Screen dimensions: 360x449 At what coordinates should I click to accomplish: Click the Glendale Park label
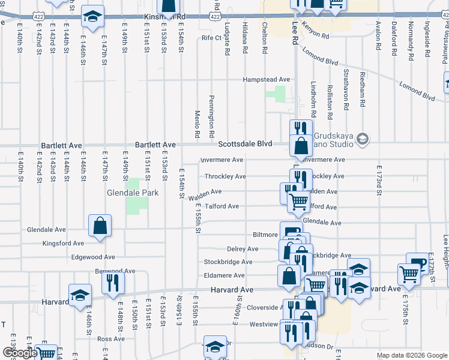point(133,193)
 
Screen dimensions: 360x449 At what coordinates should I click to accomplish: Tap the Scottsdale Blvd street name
point(245,144)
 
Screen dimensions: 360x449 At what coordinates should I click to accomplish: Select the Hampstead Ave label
point(266,79)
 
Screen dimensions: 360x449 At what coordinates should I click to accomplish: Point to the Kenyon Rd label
point(316,37)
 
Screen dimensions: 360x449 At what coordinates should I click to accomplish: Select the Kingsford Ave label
point(63,244)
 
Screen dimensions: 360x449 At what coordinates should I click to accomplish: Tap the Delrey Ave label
point(243,249)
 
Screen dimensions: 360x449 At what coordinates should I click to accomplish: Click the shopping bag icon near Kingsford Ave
point(100,226)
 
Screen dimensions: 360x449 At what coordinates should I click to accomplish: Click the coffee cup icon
point(417,263)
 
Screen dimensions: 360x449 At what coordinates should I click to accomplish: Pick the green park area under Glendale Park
point(137,205)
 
